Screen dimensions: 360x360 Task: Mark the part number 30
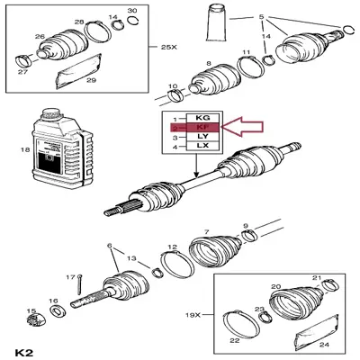pos(132,10)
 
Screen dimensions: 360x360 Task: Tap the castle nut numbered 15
pos(33,319)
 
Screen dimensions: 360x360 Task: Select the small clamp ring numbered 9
pos(247,236)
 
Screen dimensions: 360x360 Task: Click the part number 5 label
pos(261,17)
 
